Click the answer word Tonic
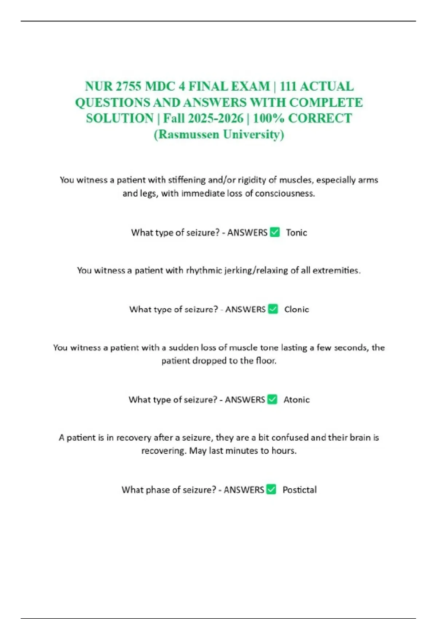pos(296,233)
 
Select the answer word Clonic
pos(296,309)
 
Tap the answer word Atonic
pos(296,400)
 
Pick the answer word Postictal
pos(299,490)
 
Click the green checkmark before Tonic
pos(275,232)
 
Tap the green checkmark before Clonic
pos(273,309)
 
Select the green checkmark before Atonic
pos(272,399)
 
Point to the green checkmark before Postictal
pos(271,489)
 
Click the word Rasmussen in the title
pos(189,134)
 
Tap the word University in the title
pos(253,134)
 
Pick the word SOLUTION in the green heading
pos(120,118)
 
